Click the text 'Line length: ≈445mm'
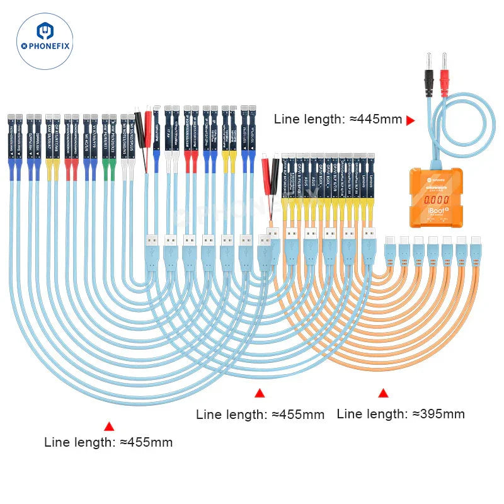338,119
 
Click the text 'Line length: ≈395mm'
401,414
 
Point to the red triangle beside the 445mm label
411,120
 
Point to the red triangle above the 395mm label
383,393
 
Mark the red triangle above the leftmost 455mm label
109,427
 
